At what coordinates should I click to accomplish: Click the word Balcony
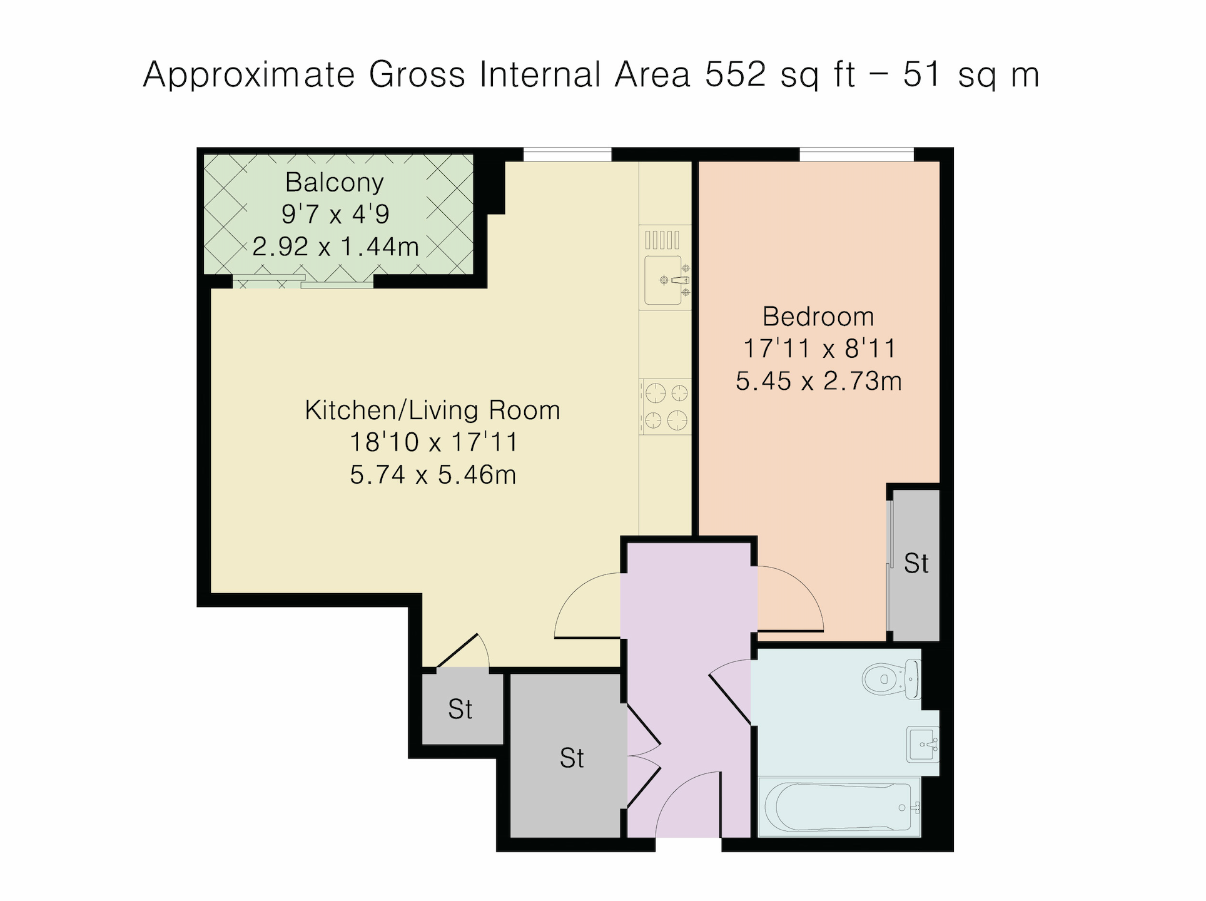pos(335,183)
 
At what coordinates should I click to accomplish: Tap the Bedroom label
pos(818,317)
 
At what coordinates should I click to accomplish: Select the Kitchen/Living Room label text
pos(432,410)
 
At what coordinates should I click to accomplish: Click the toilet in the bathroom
pos(891,679)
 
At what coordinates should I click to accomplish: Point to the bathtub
pos(839,807)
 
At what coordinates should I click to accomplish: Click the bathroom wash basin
pos(923,745)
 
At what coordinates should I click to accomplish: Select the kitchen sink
pos(666,280)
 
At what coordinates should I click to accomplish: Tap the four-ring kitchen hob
pos(666,407)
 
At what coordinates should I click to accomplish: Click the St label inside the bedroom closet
pos(916,564)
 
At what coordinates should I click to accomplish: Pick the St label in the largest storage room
pos(572,758)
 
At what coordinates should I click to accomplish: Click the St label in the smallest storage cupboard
pos(460,710)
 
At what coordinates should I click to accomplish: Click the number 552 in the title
pos(736,74)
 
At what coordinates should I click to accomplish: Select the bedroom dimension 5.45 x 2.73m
pos(818,381)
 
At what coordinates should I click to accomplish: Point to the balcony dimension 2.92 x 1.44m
pos(335,247)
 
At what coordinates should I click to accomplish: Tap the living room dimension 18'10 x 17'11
pos(433,442)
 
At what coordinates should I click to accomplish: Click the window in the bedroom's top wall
pos(856,154)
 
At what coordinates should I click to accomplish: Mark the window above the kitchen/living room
pos(567,154)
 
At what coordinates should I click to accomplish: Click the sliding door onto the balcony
pos(303,281)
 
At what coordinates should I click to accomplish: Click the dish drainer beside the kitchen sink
pos(662,240)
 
